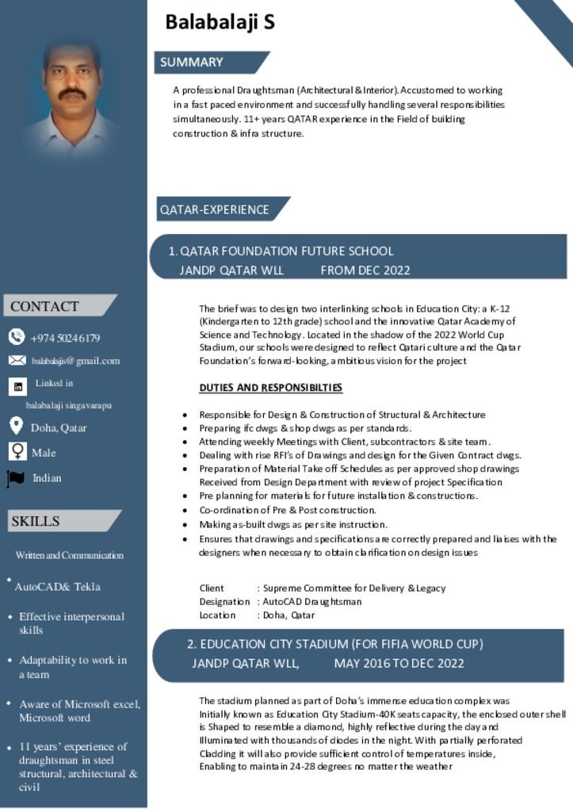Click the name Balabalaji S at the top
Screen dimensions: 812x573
pyautogui.click(x=220, y=22)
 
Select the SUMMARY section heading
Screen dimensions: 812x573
pyautogui.click(x=192, y=62)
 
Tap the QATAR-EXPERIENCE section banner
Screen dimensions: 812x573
pyautogui.click(x=215, y=209)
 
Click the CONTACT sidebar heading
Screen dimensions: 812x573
pyautogui.click(x=44, y=306)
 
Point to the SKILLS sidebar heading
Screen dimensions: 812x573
pyautogui.click(x=35, y=521)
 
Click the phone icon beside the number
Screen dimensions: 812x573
pyautogui.click(x=17, y=337)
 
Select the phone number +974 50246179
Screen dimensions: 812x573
pyautogui.click(x=66, y=338)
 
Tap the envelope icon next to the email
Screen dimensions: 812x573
pyautogui.click(x=17, y=361)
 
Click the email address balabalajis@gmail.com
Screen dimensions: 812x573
pyautogui.click(x=76, y=361)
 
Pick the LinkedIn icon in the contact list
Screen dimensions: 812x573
pyautogui.click(x=17, y=386)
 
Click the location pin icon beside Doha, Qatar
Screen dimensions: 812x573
pyautogui.click(x=16, y=426)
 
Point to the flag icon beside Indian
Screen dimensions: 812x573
pyautogui.click(x=16, y=478)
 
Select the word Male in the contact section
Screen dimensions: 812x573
pyautogui.click(x=44, y=453)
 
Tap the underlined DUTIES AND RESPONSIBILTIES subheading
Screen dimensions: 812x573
pyautogui.click(x=270, y=388)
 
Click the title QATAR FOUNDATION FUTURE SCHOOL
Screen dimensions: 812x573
pyautogui.click(x=287, y=251)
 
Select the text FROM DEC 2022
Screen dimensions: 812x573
pyautogui.click(x=365, y=270)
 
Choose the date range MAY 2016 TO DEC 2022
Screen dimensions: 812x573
pyautogui.click(x=399, y=663)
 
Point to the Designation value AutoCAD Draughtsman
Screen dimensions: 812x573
pyautogui.click(x=312, y=601)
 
